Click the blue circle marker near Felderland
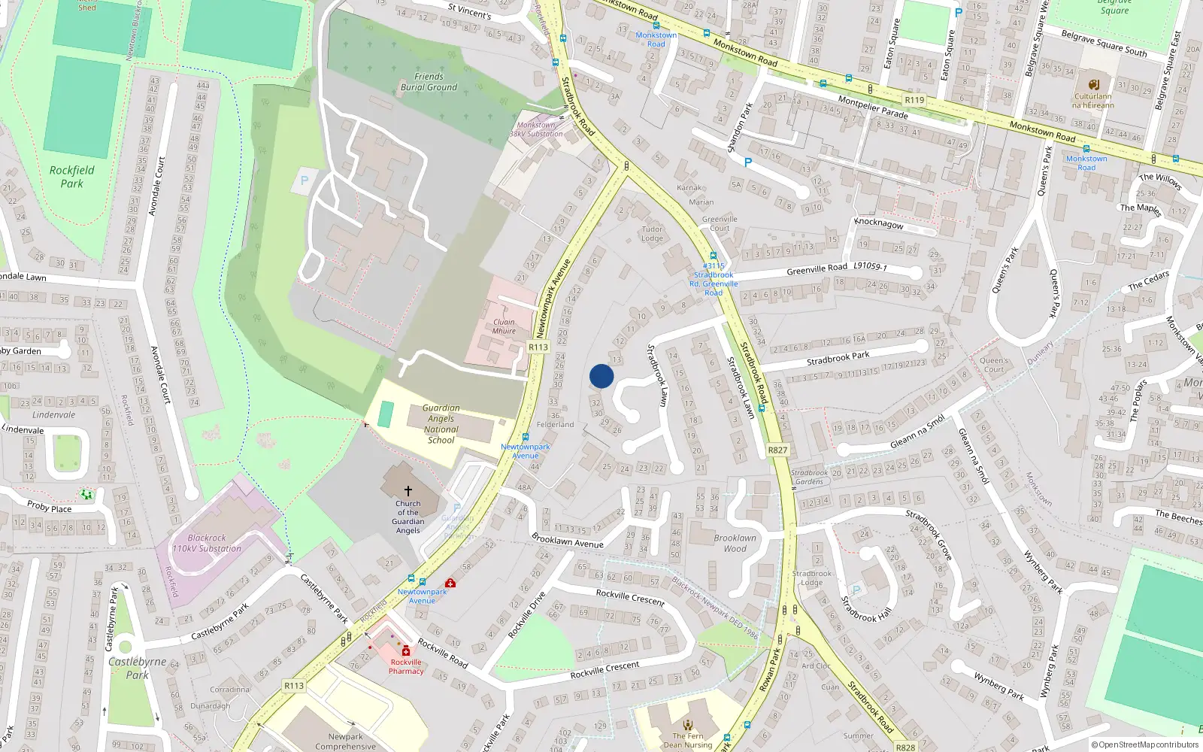601,376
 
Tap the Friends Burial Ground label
429,82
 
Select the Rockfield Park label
72,177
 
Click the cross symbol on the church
408,490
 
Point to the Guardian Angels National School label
441,424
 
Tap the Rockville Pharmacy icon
406,650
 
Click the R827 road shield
777,450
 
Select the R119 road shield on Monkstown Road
914,100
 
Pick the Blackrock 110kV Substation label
207,543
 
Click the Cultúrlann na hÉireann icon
1094,84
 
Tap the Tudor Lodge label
652,234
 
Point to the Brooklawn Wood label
735,543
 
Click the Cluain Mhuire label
504,326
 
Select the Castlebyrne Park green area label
138,668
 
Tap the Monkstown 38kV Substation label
536,129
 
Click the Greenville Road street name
817,268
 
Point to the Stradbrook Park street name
838,358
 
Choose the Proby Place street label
50,507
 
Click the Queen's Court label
994,365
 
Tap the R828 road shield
905,747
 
